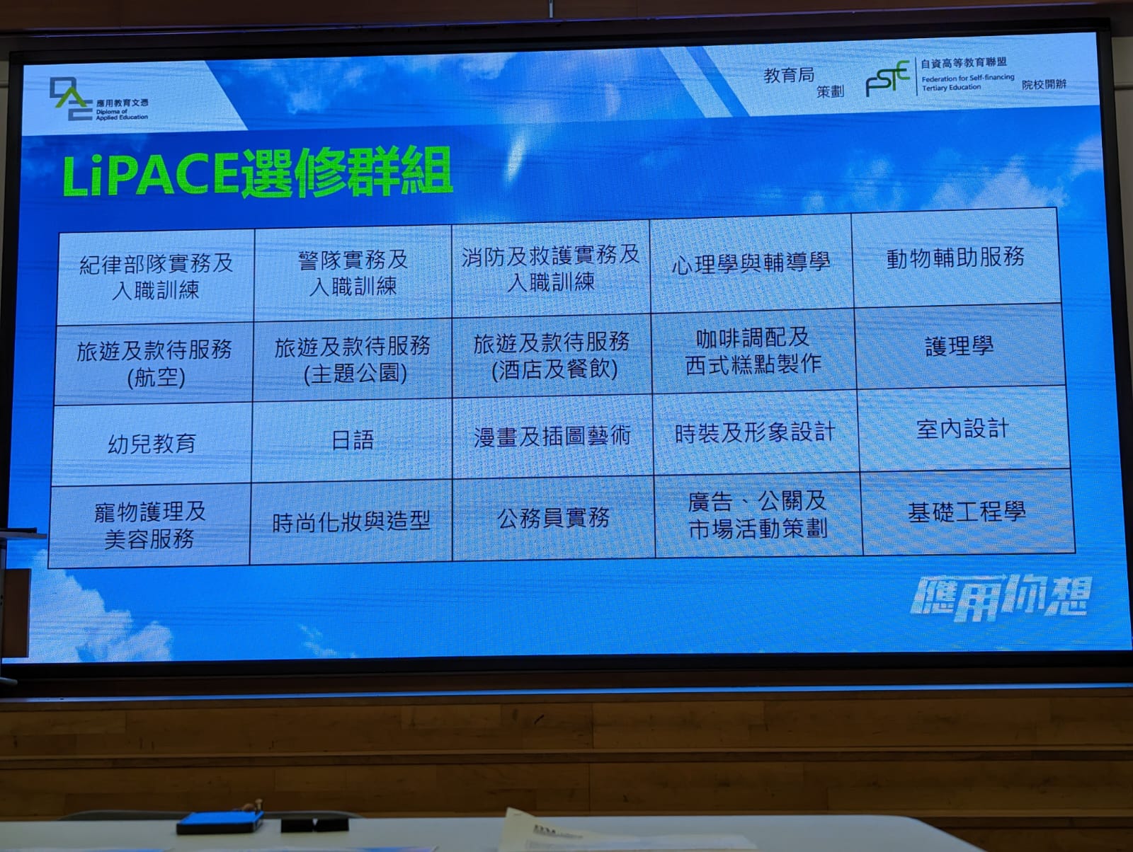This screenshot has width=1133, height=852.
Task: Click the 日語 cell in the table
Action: coord(352,440)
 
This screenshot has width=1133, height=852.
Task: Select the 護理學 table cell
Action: coord(959,346)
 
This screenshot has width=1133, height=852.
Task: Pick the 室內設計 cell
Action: coord(962,429)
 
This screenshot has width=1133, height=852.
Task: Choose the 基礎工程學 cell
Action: coord(967,512)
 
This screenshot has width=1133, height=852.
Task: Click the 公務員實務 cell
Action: coord(553,518)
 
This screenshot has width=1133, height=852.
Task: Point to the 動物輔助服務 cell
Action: coord(955,258)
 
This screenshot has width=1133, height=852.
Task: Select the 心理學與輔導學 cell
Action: coord(751,263)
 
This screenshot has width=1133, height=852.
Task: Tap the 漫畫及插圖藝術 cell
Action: coord(552,437)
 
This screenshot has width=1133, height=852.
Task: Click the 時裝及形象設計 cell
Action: coord(755,432)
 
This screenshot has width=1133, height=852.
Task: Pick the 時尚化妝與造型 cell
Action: coord(351,522)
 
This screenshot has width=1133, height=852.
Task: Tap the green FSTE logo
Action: coord(887,78)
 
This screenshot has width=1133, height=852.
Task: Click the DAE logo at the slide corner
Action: coord(72,98)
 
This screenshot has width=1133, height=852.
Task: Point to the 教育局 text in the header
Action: coord(789,75)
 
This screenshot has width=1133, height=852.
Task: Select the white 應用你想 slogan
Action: coord(1001,597)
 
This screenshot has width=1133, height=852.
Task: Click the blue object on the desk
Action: coord(220,822)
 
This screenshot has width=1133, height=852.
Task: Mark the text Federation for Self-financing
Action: coord(968,79)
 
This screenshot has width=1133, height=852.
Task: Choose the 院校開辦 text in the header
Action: coord(1044,84)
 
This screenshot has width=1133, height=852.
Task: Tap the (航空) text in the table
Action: coord(156,377)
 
